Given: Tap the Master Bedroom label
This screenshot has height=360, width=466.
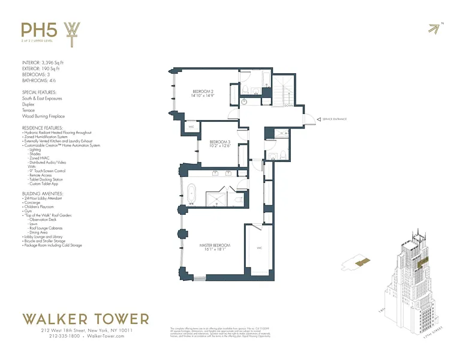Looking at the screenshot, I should tap(215, 248).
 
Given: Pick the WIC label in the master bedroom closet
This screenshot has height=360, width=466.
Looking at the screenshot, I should tap(260, 247).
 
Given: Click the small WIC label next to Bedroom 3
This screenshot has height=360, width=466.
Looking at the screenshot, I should tap(191, 127).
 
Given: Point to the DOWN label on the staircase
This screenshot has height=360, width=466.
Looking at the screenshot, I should tap(288, 106).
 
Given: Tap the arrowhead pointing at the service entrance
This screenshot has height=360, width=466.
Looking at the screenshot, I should tap(318, 119).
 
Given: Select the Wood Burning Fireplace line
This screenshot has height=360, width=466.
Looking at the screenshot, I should tap(43, 116).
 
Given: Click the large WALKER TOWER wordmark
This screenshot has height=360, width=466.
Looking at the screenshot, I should tap(85, 319).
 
